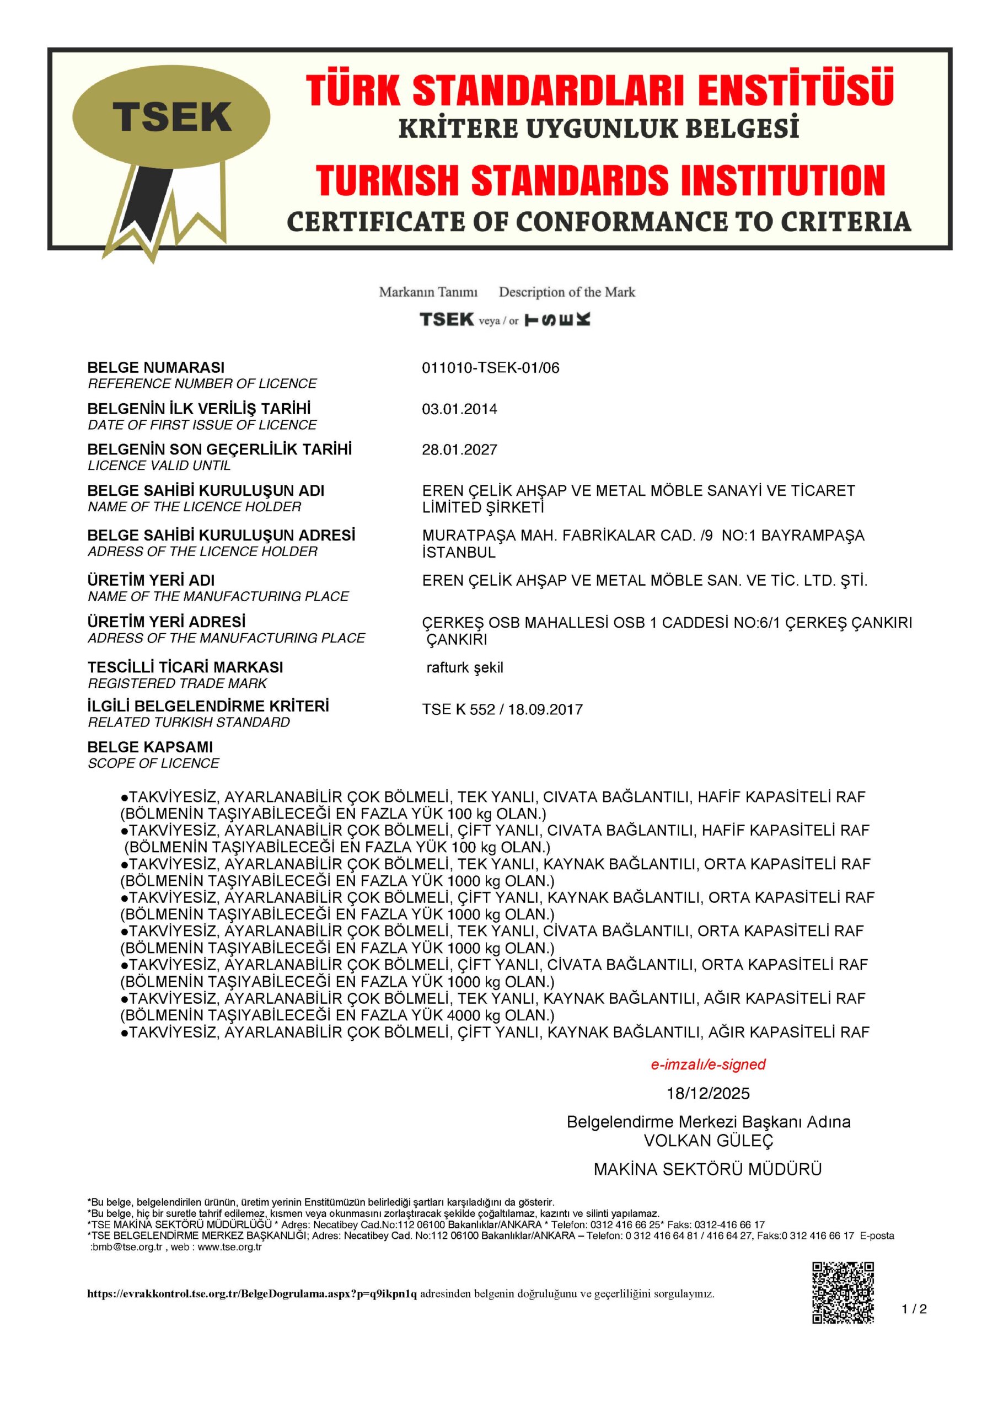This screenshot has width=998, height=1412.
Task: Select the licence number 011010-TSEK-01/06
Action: click(x=490, y=368)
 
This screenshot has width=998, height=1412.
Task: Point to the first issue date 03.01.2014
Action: click(x=459, y=409)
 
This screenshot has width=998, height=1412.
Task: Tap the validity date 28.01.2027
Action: click(x=459, y=450)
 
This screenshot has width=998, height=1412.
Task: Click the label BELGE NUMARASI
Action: click(x=155, y=368)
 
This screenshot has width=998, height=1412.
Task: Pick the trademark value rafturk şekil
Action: click(x=464, y=667)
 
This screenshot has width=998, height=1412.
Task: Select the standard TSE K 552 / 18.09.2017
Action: click(x=502, y=709)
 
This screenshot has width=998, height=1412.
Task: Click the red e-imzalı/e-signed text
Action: click(x=708, y=1065)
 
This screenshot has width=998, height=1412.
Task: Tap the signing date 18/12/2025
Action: click(x=708, y=1093)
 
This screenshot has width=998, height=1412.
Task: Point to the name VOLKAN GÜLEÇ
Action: click(x=708, y=1141)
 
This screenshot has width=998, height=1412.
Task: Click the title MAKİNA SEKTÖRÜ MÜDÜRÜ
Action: click(x=708, y=1169)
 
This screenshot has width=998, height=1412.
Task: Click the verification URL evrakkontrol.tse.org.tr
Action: click(x=252, y=1294)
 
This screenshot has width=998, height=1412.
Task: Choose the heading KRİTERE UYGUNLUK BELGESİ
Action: click(x=598, y=129)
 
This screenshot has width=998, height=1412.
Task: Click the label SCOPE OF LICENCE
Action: click(x=153, y=763)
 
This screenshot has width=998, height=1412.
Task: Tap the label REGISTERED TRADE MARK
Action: click(x=177, y=683)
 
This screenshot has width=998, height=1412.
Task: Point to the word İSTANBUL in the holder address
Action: click(x=458, y=552)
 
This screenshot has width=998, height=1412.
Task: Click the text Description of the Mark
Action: click(x=566, y=292)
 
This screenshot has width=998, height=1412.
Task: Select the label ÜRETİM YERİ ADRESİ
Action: click(x=166, y=622)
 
